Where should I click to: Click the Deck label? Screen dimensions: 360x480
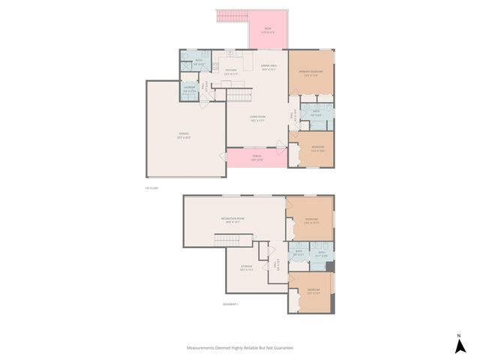268,31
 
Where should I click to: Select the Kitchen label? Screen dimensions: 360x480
231,73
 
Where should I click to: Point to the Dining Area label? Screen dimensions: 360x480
270,67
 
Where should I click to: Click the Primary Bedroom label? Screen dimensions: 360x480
311,73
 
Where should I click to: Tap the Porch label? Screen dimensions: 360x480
256,158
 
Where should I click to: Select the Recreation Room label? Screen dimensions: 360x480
232,220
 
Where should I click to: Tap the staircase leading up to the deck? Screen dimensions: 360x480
232,16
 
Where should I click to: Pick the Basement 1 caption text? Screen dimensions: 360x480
231,304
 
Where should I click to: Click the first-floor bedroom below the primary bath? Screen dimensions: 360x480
317,148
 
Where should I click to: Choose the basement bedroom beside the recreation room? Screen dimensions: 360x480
312,221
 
